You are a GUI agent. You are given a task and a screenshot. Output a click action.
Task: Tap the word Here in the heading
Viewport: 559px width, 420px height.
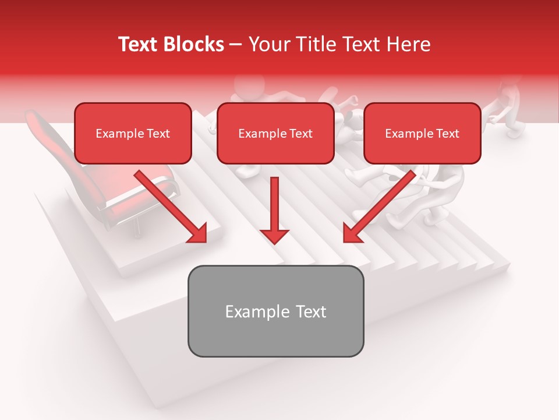[x=408, y=44]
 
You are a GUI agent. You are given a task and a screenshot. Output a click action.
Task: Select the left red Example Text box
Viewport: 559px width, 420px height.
[x=133, y=134]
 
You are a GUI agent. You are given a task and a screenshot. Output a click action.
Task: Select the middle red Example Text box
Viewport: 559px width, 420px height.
[x=275, y=134]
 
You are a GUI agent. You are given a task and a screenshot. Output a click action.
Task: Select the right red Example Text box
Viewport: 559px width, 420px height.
[x=422, y=134]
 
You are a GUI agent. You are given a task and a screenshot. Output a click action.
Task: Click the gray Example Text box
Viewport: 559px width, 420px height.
[x=275, y=311]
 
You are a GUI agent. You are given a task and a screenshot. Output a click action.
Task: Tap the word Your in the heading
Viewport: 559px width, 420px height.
[x=267, y=44]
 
